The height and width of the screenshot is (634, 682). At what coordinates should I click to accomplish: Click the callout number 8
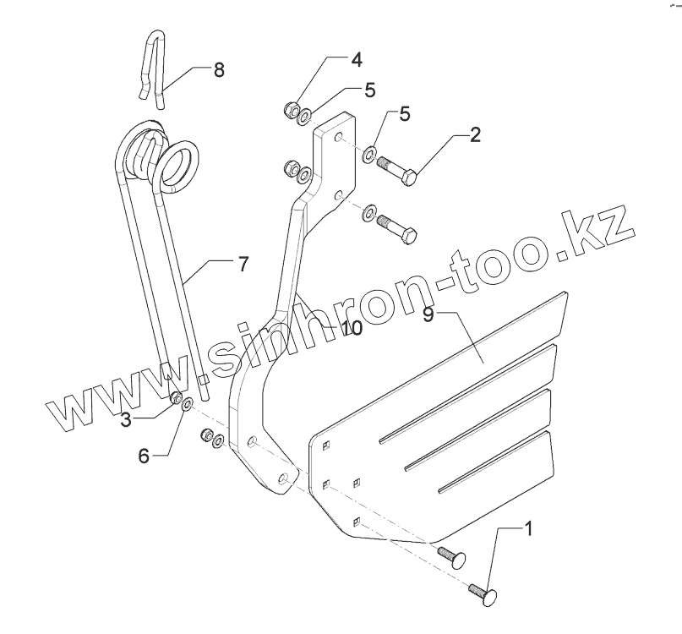(x=219, y=69)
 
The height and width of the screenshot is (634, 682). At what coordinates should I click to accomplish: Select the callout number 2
(x=476, y=134)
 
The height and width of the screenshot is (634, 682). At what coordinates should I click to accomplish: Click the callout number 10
(x=351, y=327)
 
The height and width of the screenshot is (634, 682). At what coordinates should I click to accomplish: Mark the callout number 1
(x=527, y=531)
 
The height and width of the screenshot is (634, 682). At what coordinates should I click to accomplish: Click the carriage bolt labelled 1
(x=483, y=593)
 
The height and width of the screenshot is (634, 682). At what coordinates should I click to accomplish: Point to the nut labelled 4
(x=289, y=108)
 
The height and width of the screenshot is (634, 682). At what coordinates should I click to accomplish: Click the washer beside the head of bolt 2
(x=369, y=155)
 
